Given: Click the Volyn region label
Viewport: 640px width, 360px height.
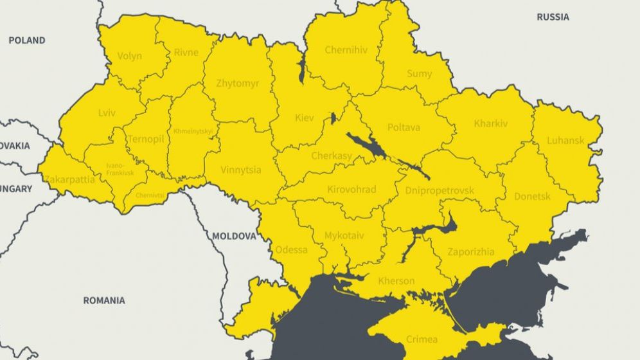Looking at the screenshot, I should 130,56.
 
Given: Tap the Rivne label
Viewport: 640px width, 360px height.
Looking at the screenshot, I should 186,53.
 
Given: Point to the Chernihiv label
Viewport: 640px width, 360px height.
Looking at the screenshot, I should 346,50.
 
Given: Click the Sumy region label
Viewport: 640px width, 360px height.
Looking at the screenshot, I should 419,74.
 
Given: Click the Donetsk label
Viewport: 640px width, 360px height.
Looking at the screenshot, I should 532,197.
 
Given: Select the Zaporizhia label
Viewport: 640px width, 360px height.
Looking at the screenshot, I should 471,252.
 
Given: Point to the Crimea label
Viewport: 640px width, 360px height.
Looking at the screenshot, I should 422,339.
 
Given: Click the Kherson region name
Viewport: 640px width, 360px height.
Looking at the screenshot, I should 396,281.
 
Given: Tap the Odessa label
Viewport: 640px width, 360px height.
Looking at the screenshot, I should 291,249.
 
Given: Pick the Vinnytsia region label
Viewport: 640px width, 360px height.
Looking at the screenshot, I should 240,170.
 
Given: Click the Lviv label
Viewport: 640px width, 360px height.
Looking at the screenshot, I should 107,113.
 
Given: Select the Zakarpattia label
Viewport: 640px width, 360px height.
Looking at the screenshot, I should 70,180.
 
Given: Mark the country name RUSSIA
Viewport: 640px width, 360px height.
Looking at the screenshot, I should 553,17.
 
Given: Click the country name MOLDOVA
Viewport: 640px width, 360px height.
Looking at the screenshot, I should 234,236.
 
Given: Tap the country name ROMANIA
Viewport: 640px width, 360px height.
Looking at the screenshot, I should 104,300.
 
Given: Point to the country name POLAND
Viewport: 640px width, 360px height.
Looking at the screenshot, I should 27,40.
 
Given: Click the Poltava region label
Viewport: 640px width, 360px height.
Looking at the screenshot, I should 404,127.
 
